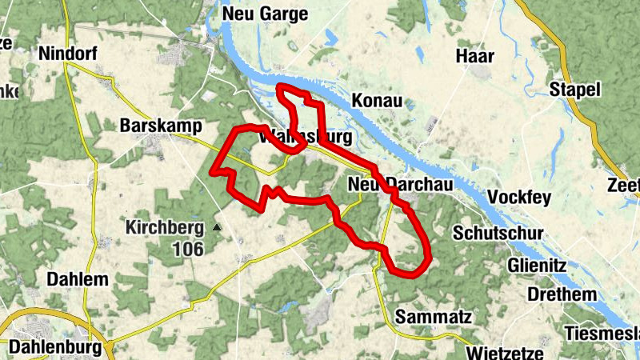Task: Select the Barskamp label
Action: pyautogui.click(x=160, y=126)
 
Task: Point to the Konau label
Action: pyautogui.click(x=376, y=102)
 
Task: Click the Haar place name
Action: pyautogui.click(x=474, y=56)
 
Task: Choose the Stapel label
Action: pyautogui.click(x=574, y=90)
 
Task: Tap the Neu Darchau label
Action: pyautogui.click(x=401, y=184)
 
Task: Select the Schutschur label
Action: pyautogui.click(x=498, y=233)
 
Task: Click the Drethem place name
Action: pyautogui.click(x=561, y=294)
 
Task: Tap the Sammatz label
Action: pyautogui.click(x=433, y=316)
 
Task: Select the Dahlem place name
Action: pyautogui.click(x=78, y=280)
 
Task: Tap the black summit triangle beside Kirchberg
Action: pyautogui.click(x=216, y=228)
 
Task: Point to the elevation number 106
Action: pyautogui.click(x=188, y=249)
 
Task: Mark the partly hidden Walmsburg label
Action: pyautogui.click(x=307, y=137)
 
